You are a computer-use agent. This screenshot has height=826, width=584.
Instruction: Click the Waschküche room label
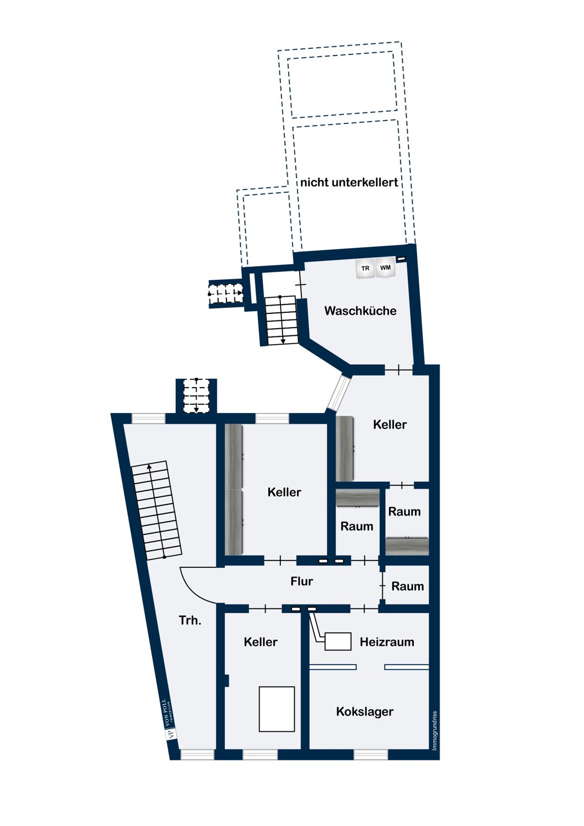[x=360, y=311]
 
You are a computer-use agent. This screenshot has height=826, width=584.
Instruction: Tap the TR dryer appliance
[x=365, y=268]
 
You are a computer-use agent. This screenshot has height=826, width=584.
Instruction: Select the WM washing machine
[x=385, y=267]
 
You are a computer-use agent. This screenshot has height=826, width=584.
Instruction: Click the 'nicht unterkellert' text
[x=349, y=182]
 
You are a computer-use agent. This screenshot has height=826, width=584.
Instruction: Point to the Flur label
[x=301, y=582]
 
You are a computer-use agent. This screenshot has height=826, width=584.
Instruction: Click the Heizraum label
[x=387, y=642]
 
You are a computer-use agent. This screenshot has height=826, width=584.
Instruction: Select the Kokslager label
[x=365, y=711]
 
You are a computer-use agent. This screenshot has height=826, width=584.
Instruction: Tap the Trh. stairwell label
[x=190, y=620]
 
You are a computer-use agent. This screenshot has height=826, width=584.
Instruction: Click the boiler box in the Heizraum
[x=338, y=642]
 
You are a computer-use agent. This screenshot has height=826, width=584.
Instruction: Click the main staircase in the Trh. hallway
[x=156, y=510]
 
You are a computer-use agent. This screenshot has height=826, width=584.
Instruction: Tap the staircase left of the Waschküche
[x=281, y=320]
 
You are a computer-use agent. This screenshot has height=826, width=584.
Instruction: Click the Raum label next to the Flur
[x=407, y=586]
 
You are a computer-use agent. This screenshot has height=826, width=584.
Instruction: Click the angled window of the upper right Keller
[x=339, y=394]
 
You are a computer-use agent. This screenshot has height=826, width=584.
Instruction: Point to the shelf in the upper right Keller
[x=345, y=448]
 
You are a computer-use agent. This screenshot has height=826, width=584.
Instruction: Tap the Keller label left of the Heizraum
[x=261, y=642]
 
